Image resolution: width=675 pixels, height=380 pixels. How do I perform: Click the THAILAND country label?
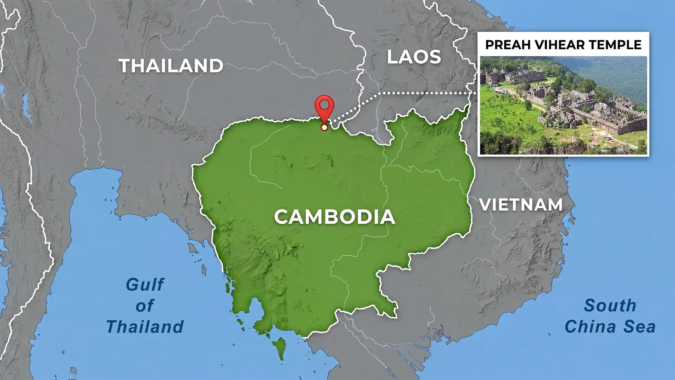click(x=171, y=66)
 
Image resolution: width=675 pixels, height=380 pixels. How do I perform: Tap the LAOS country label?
click(x=414, y=57)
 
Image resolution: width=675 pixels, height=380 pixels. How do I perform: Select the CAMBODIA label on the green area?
click(x=334, y=217)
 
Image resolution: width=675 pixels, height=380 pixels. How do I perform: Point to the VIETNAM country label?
click(x=521, y=205)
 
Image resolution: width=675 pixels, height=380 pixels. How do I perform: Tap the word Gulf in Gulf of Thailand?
click(x=145, y=285)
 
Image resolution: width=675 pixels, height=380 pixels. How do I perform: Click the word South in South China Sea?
click(x=610, y=305)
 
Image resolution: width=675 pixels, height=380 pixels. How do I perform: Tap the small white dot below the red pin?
click(x=324, y=127)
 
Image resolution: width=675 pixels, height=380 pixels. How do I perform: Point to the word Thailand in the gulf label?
click(x=145, y=327)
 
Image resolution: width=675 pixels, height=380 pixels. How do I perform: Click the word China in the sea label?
click(x=591, y=327)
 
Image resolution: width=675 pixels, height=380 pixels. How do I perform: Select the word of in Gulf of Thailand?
click(x=145, y=306)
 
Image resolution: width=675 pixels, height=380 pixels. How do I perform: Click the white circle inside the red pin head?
click(x=324, y=104)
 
